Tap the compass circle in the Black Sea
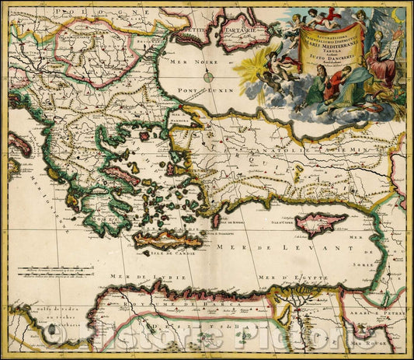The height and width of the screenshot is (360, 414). point(209,76)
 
